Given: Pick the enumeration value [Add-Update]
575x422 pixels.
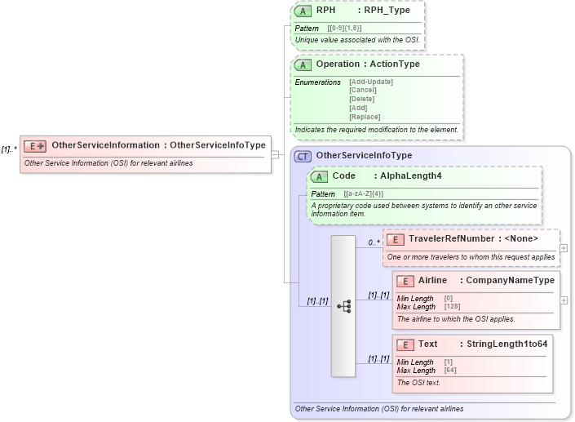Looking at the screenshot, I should click(370, 82).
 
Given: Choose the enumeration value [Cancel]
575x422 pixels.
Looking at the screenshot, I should click(362, 91).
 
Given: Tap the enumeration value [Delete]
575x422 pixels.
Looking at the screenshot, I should click(362, 100).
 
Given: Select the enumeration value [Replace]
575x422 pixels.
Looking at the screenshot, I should click(364, 117).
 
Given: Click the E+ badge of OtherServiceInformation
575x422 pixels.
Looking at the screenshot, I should click(35, 146).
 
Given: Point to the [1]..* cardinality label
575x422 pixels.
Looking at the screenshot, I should click(9, 149).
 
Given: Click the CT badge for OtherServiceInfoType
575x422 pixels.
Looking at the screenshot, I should click(303, 156).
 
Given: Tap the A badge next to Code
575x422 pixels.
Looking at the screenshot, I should click(320, 176).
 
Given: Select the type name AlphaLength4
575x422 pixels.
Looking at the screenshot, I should click(411, 176).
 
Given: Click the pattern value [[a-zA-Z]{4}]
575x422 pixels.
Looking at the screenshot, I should click(364, 194).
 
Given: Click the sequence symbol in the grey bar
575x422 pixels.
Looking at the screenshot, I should click(343, 306).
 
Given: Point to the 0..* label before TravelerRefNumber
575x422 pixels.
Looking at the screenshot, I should click(373, 242).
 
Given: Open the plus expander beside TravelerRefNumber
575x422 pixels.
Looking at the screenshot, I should click(564, 248).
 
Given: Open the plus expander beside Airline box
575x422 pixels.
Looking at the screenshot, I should click(564, 300).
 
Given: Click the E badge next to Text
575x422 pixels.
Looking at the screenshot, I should click(405, 344).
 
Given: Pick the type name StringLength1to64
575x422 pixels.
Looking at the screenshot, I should click(507, 344).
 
